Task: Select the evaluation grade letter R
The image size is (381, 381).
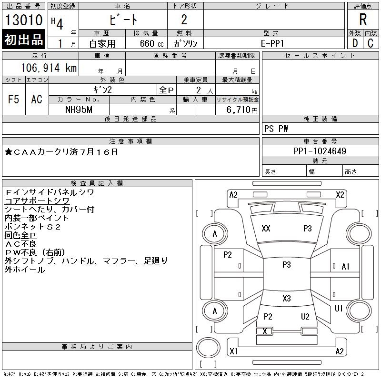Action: pos(363,20)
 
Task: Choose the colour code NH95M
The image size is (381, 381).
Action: pos(79,110)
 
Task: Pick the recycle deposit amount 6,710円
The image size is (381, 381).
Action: pos(243,110)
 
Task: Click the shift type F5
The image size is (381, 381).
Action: pos(14,99)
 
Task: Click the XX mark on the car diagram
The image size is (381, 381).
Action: pos(266,229)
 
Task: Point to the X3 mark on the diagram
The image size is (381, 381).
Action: pos(286,299)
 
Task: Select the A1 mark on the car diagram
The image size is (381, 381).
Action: pos(346,267)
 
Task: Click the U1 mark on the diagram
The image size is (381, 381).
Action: pos(339,309)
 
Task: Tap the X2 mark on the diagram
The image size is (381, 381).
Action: pos(340,194)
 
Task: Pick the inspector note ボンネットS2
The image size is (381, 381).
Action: pos(32,227)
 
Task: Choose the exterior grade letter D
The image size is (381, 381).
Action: pos(354,43)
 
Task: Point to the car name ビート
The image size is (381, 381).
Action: pos(122,20)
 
